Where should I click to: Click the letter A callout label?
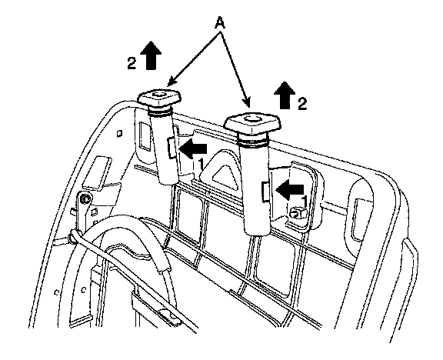(220, 23)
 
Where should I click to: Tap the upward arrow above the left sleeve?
(150, 55)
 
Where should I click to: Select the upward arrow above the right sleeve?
(285, 95)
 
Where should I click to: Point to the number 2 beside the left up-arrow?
(132, 63)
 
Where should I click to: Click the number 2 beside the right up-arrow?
(302, 104)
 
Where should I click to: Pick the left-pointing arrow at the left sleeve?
(193, 148)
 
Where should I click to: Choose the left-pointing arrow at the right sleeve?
(290, 189)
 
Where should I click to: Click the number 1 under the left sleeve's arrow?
(201, 165)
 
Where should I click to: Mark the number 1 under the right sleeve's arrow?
(304, 202)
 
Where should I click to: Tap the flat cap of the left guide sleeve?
(159, 97)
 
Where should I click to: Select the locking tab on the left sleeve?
(172, 147)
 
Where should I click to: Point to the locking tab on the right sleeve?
(265, 192)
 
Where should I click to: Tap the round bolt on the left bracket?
(85, 199)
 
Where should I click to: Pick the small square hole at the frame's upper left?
(120, 133)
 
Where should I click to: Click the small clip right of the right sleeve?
(297, 213)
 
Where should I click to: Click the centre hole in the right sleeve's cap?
(251, 118)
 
